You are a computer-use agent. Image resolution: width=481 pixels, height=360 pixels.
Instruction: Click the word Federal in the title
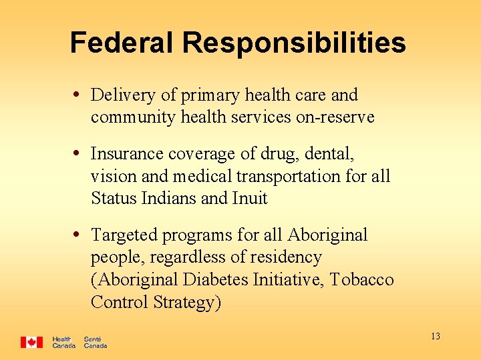click(x=122, y=43)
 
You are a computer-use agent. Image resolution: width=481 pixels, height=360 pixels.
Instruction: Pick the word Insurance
click(x=126, y=154)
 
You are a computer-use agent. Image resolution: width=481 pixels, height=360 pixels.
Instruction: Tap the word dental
click(x=329, y=154)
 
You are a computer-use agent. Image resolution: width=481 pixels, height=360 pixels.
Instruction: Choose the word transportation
click(x=293, y=177)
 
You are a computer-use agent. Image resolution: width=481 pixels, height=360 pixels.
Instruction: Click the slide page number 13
click(x=436, y=336)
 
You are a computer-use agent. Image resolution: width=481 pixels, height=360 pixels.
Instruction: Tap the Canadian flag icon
click(x=31, y=342)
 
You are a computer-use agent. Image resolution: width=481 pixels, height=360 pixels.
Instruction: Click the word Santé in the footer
click(x=93, y=339)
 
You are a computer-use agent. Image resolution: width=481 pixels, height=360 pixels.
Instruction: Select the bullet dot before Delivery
click(x=79, y=94)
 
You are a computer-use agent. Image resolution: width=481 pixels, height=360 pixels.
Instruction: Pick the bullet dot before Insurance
click(x=79, y=153)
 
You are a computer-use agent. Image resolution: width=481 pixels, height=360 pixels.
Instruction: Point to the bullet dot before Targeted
click(x=79, y=234)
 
